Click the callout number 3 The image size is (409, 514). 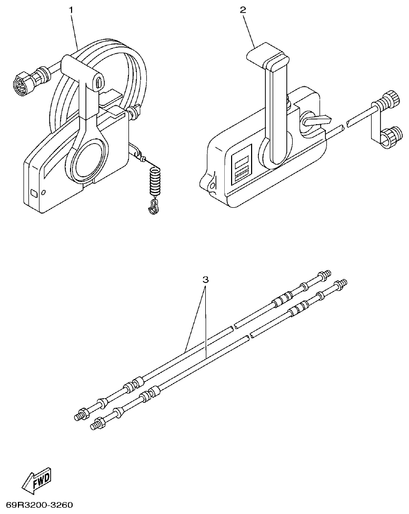tap(206, 279)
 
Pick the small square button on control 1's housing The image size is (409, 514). tap(34, 193)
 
